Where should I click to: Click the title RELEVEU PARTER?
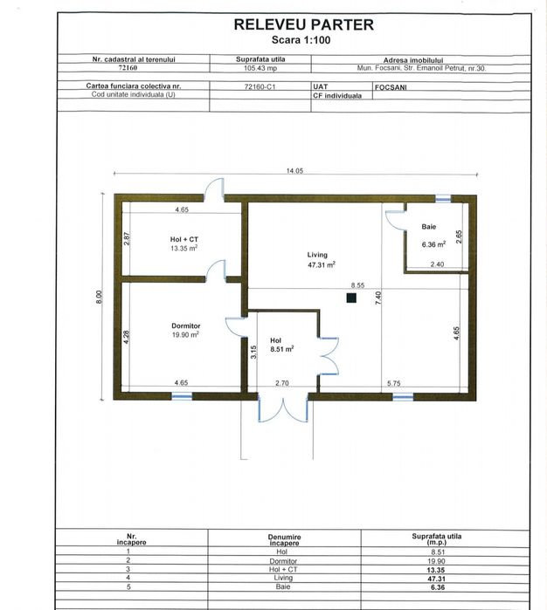(303, 24)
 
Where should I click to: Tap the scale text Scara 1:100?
(301, 39)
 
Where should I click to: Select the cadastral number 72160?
(128, 68)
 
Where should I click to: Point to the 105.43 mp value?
(260, 68)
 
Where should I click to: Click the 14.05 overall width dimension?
(294, 170)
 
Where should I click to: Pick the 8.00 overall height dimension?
(100, 298)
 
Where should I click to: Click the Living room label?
(317, 255)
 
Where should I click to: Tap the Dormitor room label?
(186, 326)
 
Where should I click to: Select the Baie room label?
(428, 226)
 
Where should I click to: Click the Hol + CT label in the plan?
(183, 239)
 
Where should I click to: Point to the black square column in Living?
(351, 298)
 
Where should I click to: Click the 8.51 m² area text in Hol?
(282, 349)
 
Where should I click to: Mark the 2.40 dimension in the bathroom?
(437, 264)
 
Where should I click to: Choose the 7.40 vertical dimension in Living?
(378, 298)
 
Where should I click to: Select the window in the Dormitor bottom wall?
(182, 396)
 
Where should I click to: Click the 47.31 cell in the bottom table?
(436, 579)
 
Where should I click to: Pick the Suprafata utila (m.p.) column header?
(436, 538)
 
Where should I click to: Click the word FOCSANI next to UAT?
(391, 87)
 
